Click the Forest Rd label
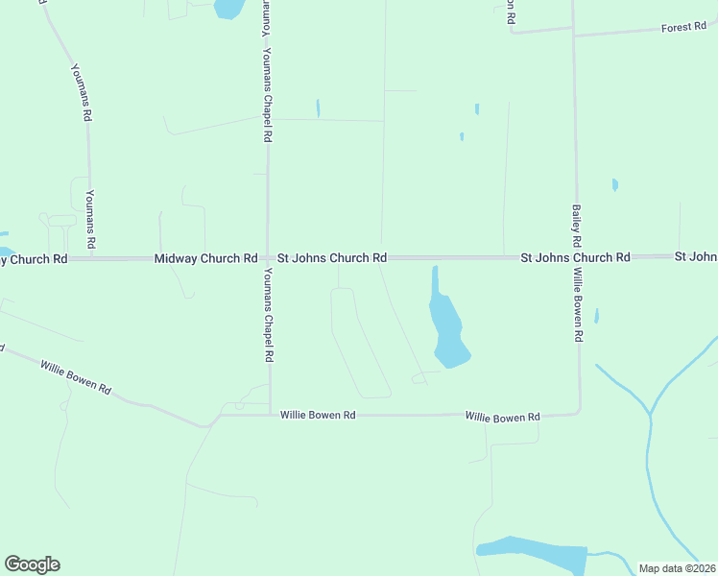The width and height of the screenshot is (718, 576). [x=683, y=28]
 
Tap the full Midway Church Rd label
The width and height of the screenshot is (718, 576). [x=206, y=259]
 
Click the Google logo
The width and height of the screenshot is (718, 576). [x=32, y=564]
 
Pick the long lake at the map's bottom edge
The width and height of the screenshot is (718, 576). [x=533, y=553]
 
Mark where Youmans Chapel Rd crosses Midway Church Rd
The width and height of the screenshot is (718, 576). [x=268, y=258]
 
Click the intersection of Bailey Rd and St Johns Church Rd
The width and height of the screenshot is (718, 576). [x=577, y=257]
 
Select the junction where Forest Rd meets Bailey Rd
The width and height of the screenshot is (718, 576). [x=573, y=34]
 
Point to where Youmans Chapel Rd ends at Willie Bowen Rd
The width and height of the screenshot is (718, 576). [x=270, y=415]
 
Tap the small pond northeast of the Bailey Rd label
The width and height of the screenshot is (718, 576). [x=614, y=184]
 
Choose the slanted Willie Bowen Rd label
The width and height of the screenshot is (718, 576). [x=75, y=377]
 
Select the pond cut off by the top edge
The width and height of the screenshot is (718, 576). [x=228, y=9]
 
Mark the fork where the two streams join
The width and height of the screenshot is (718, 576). [x=650, y=416]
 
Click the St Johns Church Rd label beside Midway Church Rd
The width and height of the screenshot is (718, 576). [x=332, y=258]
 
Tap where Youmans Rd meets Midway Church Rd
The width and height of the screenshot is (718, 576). [x=92, y=258]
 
